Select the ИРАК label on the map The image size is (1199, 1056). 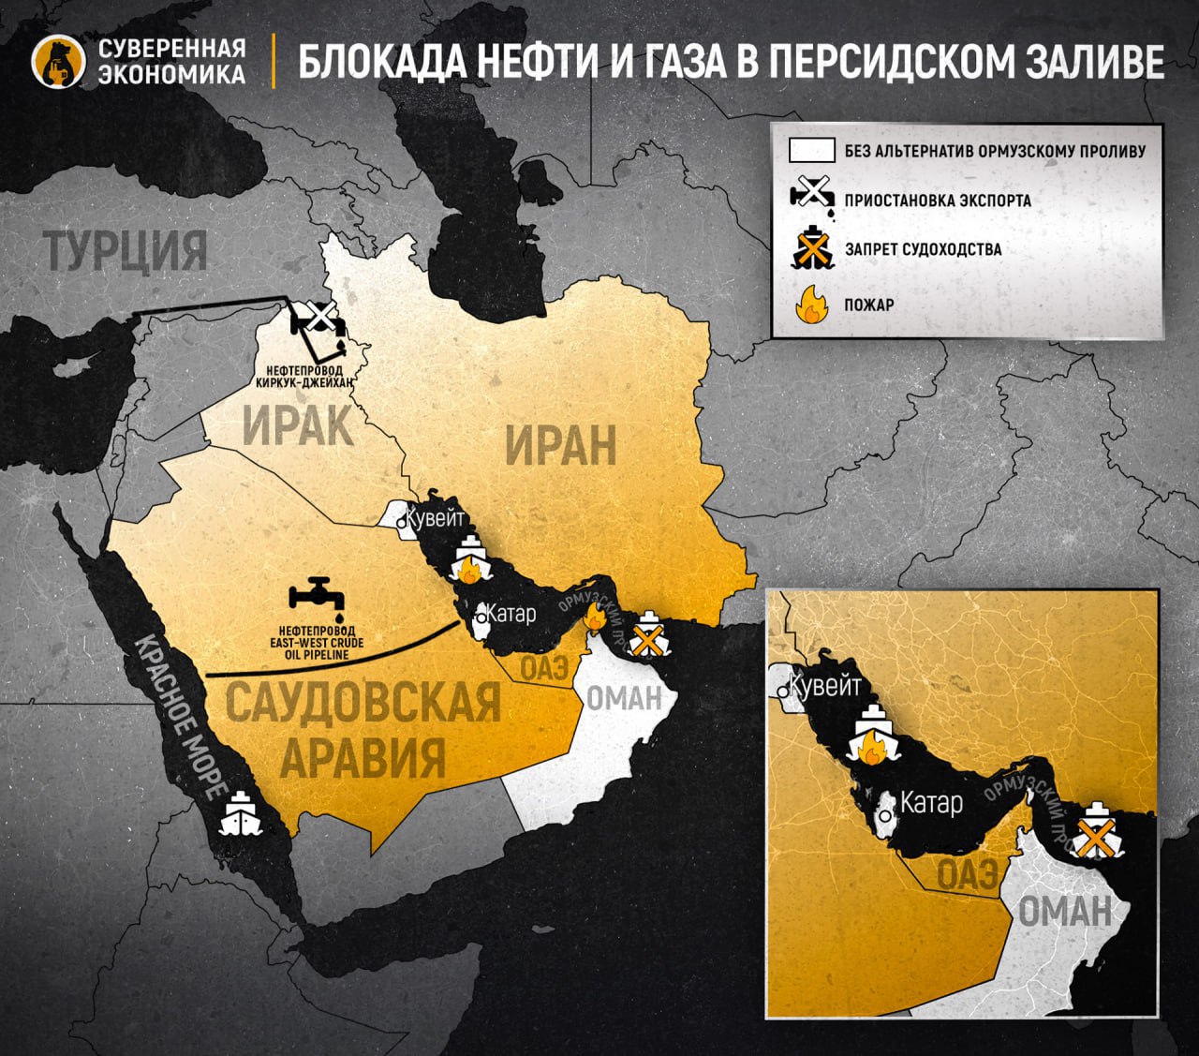point(298,426)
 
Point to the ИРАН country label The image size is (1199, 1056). point(560,444)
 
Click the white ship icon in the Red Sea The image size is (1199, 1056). point(241,813)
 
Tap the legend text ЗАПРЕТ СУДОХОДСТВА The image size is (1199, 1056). point(923,249)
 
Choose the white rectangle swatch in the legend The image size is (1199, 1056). point(811,150)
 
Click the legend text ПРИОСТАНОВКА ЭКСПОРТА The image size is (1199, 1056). point(937,200)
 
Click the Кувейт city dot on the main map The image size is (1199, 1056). point(401,523)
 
